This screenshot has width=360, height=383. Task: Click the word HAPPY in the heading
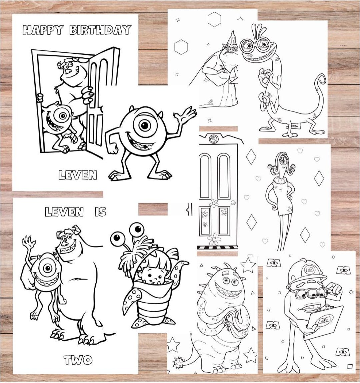(x=43, y=30)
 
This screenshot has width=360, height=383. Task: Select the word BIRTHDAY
(x=100, y=30)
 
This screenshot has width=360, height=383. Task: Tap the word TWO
(x=78, y=360)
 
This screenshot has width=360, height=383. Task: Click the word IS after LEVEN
(x=100, y=212)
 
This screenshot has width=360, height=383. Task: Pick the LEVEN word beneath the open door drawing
(x=77, y=174)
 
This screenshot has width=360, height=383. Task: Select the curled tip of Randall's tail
(x=320, y=80)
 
